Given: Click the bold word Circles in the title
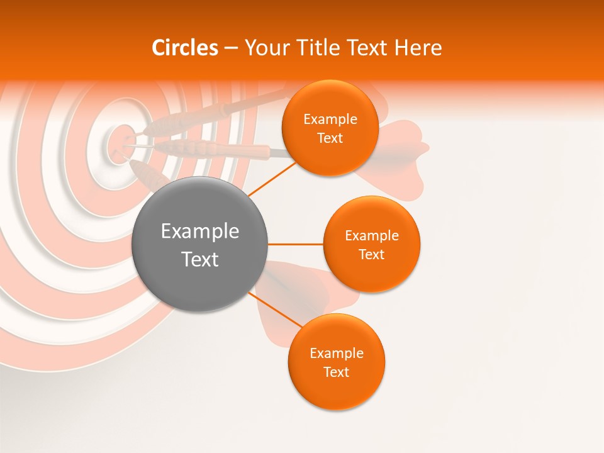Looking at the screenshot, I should (184, 48).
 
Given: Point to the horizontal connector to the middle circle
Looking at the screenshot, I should (295, 244).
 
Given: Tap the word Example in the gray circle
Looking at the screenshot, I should (200, 232).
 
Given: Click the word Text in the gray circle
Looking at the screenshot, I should (200, 259).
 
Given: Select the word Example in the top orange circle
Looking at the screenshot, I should (330, 120).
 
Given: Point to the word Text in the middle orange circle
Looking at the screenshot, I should (371, 254).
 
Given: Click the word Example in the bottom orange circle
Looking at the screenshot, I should (337, 354).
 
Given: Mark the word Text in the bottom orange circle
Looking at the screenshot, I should (336, 372).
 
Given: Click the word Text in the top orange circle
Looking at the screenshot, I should (330, 138).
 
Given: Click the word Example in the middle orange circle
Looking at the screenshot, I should (372, 236).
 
